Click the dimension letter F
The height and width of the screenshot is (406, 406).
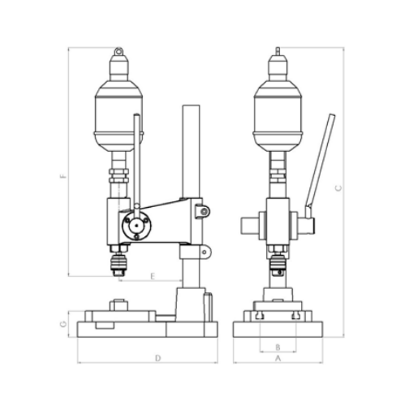point(63,177)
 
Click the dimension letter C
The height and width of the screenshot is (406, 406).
point(338,188)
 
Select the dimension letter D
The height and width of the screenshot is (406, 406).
point(158,358)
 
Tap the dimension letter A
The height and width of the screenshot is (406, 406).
point(278,358)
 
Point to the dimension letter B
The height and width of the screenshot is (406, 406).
point(278,347)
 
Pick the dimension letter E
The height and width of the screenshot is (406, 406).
point(153,276)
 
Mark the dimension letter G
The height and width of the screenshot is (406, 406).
point(63,324)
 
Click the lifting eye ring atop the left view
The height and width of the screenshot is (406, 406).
point(118,51)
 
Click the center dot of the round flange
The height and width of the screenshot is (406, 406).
point(136,226)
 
